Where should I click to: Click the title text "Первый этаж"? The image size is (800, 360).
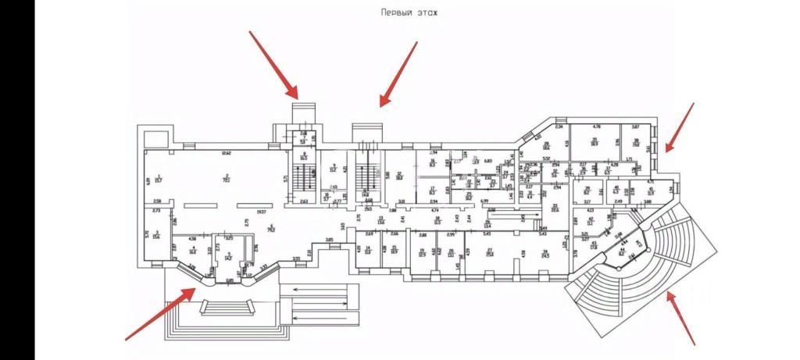[x=409, y=12]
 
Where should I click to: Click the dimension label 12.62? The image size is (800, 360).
[x=225, y=152]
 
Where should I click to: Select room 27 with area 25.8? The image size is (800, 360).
[x=491, y=253]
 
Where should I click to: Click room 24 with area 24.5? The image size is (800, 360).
[x=545, y=253]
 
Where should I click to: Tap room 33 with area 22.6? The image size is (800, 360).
[x=555, y=208]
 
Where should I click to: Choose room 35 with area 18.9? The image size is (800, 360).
[x=595, y=142]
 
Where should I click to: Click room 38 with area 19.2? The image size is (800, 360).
[x=636, y=143]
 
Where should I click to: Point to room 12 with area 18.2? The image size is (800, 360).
[x=399, y=176]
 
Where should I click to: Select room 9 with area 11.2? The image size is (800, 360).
[x=333, y=168]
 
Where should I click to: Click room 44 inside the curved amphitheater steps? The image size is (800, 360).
[x=623, y=251]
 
